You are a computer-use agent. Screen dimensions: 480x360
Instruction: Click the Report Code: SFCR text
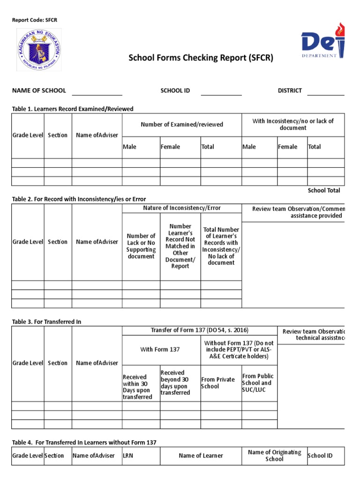click(x=34, y=20)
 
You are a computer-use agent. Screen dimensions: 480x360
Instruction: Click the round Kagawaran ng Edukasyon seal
click(x=39, y=50)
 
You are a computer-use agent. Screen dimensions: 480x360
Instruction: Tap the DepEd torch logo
click(x=323, y=44)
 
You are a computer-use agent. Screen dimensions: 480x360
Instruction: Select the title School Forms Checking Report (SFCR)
click(x=201, y=58)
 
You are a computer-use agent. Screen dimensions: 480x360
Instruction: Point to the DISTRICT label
click(x=290, y=90)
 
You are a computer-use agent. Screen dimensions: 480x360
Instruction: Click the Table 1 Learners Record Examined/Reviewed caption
click(x=73, y=109)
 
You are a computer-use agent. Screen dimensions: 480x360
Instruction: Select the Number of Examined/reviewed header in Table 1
click(x=182, y=124)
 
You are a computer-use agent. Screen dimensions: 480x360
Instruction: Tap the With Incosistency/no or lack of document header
click(x=293, y=124)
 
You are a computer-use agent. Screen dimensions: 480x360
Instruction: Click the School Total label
click(x=324, y=190)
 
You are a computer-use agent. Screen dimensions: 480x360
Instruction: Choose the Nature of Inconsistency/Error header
click(x=182, y=208)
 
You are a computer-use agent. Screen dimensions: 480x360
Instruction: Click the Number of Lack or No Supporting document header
click(x=141, y=246)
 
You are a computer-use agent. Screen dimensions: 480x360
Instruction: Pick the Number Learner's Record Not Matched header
click(x=180, y=246)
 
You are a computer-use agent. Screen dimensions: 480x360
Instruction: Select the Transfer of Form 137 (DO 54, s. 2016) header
click(x=199, y=330)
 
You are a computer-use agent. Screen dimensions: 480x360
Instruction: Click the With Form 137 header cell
click(x=160, y=349)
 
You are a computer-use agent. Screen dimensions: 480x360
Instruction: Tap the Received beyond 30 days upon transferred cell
click(x=180, y=382)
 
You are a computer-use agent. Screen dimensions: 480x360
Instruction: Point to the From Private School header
click(x=218, y=383)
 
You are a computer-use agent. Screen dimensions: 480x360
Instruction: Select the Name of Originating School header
click(x=274, y=456)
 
